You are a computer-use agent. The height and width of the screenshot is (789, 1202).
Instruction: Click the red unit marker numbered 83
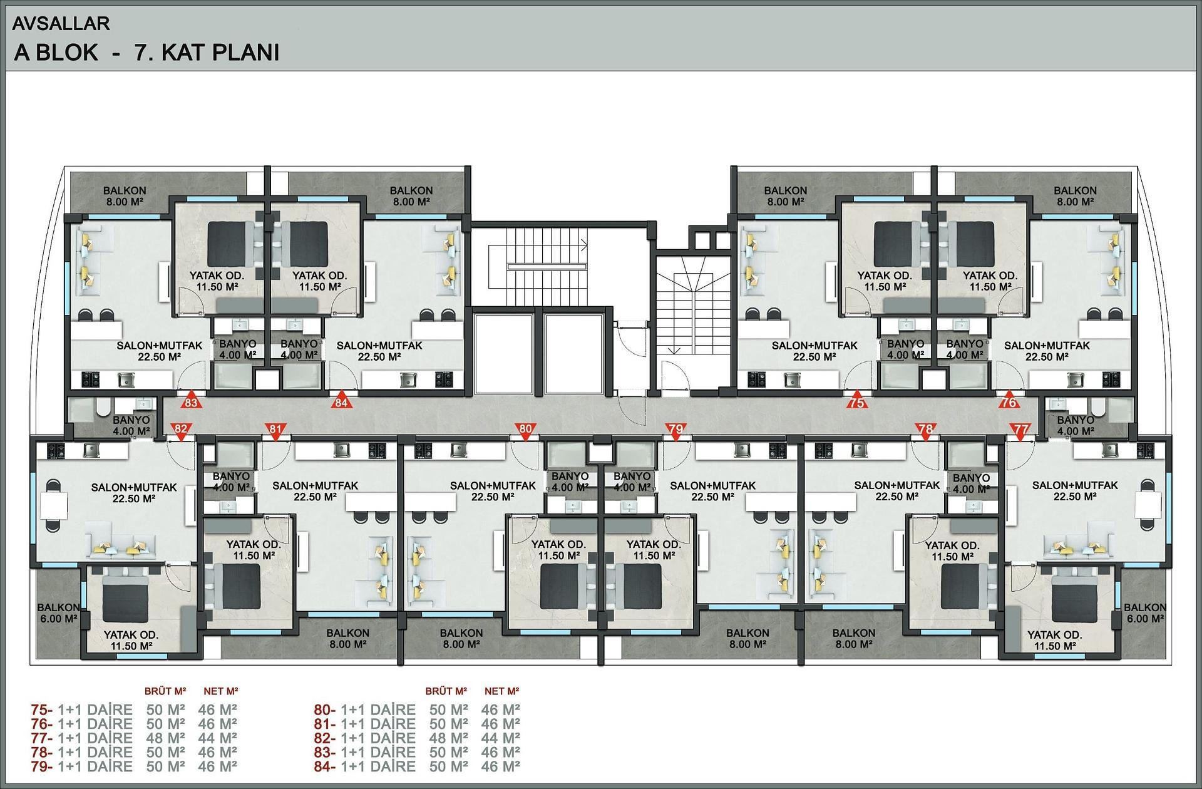[x=191, y=401]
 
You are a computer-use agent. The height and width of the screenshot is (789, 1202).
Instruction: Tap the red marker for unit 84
[x=341, y=401]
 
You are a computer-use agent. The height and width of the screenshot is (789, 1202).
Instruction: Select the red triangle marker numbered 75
[x=857, y=401]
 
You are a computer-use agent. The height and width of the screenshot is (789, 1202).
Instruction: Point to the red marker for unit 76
[x=1009, y=401]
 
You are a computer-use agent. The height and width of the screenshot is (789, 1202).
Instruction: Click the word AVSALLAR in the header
[x=61, y=24]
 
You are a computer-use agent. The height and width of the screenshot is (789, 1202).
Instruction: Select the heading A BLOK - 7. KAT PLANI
[x=146, y=53]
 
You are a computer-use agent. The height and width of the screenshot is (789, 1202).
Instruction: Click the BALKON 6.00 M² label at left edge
[x=58, y=612]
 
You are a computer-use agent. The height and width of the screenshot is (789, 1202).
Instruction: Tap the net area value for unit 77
[x=217, y=738]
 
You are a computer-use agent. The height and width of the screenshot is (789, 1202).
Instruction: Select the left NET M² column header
[x=221, y=691]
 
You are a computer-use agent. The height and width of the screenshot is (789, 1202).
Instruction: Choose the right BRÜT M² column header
[x=446, y=691]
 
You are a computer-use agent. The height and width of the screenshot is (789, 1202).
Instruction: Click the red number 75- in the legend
[x=42, y=710]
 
